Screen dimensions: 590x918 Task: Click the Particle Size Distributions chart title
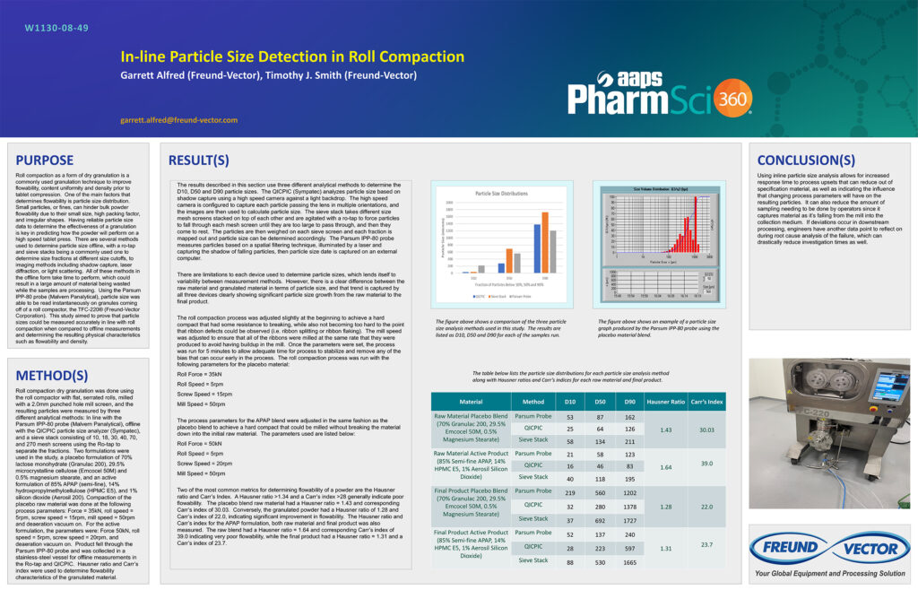click(501, 194)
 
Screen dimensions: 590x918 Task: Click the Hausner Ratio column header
click(665, 402)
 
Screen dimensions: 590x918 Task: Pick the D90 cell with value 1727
click(629, 518)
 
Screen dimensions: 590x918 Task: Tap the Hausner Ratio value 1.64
click(665, 466)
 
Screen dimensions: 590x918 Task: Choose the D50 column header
click(600, 402)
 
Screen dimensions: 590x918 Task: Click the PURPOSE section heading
click(45, 161)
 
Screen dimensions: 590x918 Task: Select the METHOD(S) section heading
click(52, 375)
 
